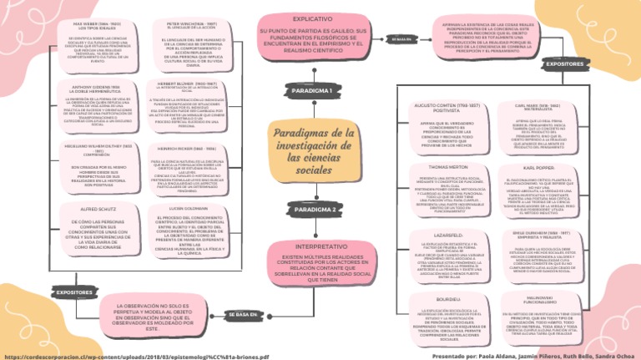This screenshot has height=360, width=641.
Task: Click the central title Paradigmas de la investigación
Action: [320, 145]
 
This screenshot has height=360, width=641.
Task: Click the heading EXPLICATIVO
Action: [310, 18]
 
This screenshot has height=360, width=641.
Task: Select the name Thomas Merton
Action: [447, 166]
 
